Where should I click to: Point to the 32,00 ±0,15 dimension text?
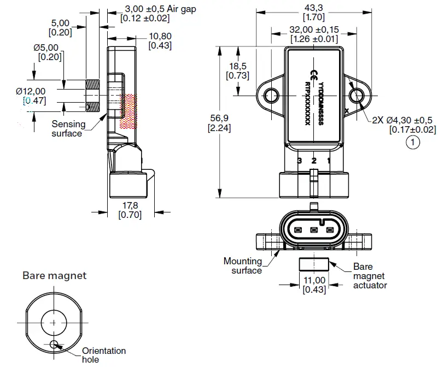tap(314, 30)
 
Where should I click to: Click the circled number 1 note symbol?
tap(412, 143)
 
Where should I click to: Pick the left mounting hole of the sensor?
tap(272, 97)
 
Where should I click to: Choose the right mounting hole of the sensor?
tap(357, 97)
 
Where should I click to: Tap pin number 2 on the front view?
tap(314, 161)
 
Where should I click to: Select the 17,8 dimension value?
tap(130, 205)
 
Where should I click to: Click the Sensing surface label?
tap(69, 128)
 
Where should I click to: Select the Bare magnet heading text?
tap(54, 276)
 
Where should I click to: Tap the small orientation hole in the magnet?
tap(54, 344)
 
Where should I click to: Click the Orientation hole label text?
tap(103, 354)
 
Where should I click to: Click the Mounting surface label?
tap(243, 265)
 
